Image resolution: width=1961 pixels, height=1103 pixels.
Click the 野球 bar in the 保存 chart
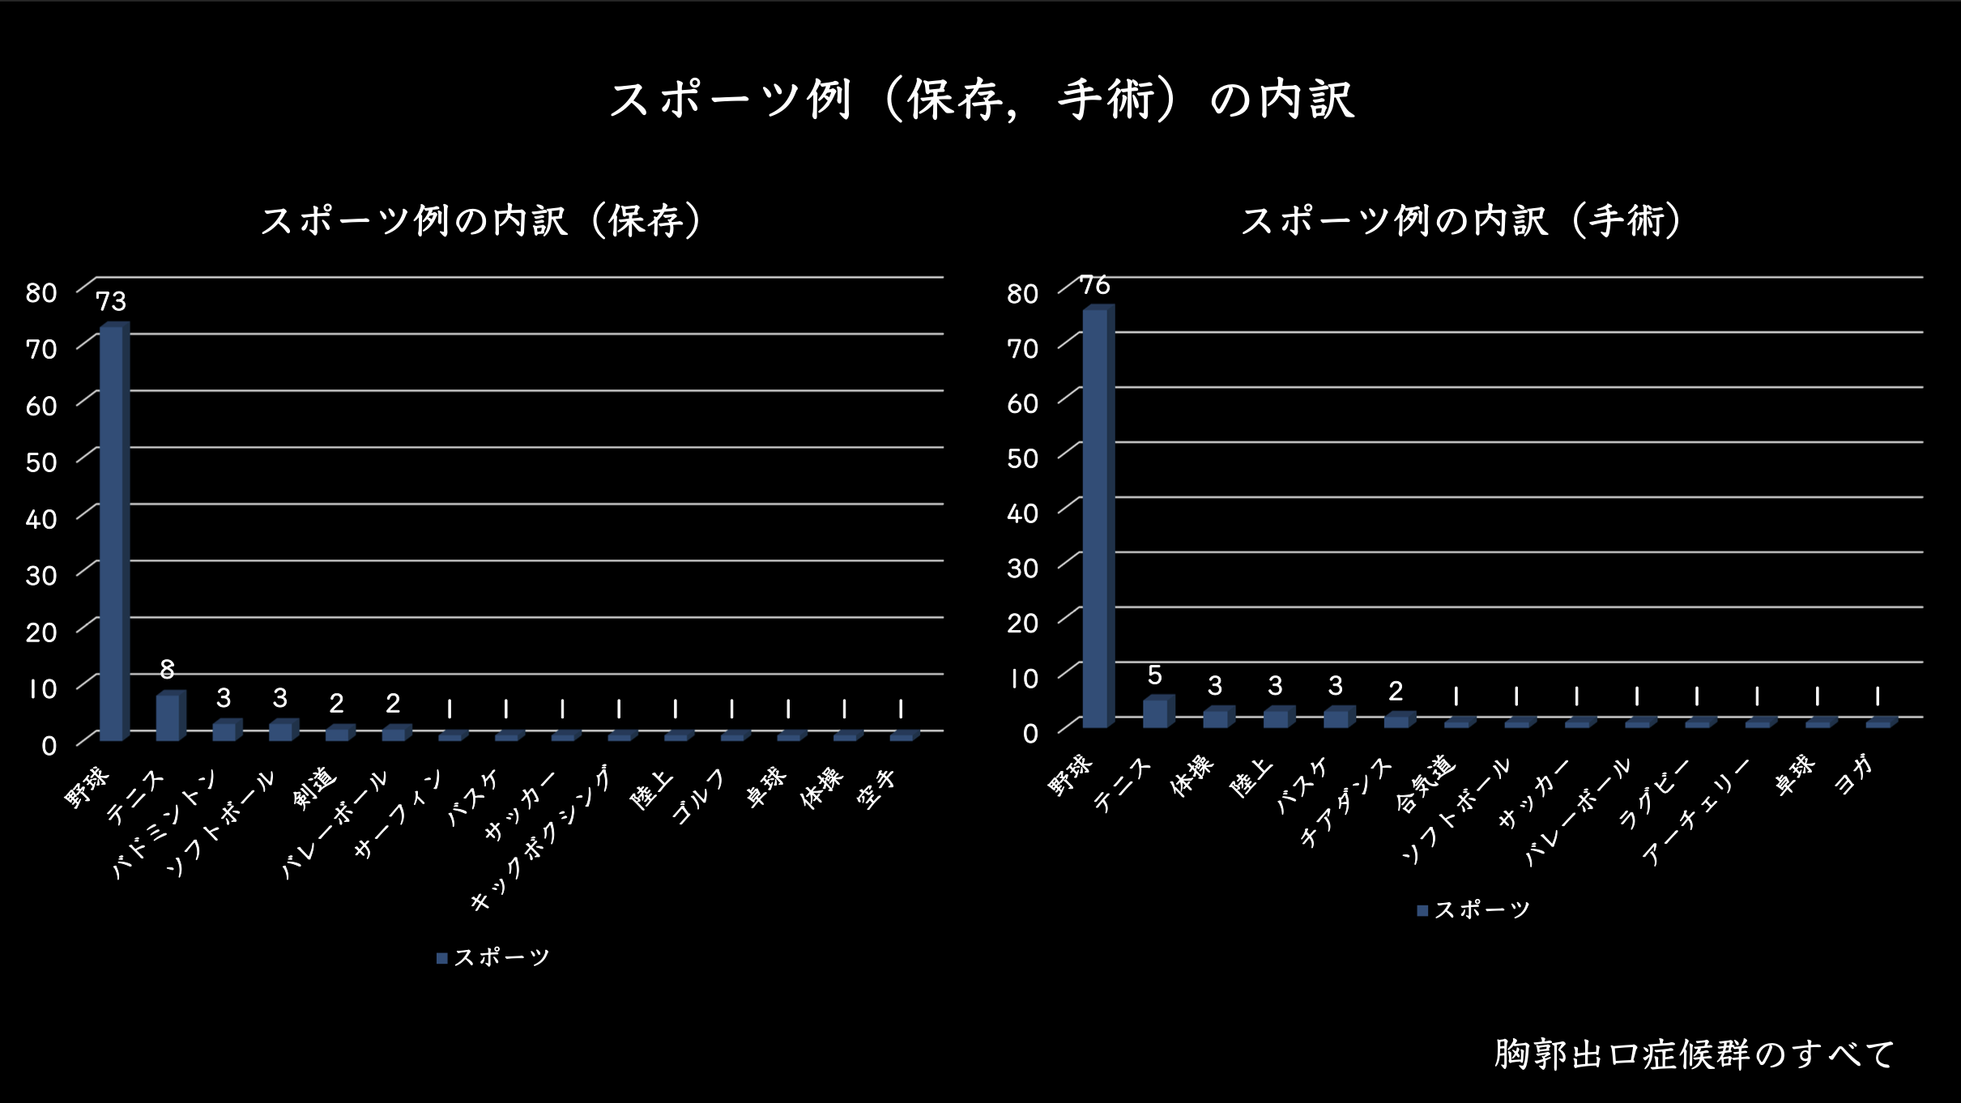112,534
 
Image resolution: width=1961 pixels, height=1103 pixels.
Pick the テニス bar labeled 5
1155,713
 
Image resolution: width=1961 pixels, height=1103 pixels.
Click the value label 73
111,301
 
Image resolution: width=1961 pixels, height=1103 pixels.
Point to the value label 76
1095,285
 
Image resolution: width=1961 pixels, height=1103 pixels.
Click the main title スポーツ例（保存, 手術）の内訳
981,100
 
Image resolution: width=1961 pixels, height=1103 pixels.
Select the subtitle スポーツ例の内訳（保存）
482,221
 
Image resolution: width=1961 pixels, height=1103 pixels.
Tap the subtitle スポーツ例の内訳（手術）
1462,221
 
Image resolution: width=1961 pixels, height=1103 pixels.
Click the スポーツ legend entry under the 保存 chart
493,957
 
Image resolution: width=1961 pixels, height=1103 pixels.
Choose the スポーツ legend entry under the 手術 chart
1473,909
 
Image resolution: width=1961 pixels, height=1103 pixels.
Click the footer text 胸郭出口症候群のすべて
1694,1054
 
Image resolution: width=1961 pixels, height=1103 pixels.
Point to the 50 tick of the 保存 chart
40,462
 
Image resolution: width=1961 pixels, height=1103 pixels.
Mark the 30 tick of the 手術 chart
1022,569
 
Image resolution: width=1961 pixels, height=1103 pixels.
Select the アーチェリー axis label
1697,812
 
